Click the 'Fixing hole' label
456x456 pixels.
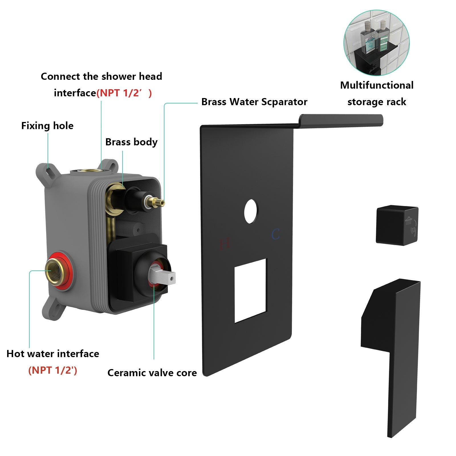pyautogui.click(x=47, y=126)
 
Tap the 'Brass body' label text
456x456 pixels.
pyautogui.click(x=131, y=142)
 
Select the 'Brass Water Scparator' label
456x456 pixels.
pyautogui.click(x=254, y=102)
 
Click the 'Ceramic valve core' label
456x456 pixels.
pyautogui.click(x=152, y=373)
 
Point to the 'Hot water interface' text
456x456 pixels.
pyautogui.click(x=53, y=354)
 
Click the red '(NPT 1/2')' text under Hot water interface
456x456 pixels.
pyautogui.click(x=53, y=370)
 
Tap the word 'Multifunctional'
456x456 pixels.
pyautogui.click(x=377, y=85)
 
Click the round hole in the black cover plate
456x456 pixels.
pyautogui.click(x=251, y=211)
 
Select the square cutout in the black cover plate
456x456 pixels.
pyautogui.click(x=251, y=290)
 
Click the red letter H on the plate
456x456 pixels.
pyautogui.click(x=224, y=244)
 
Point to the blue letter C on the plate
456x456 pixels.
pyautogui.click(x=275, y=234)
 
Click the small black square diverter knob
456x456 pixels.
pyautogui.click(x=397, y=225)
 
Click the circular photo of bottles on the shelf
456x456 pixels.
pyautogui.click(x=376, y=43)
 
